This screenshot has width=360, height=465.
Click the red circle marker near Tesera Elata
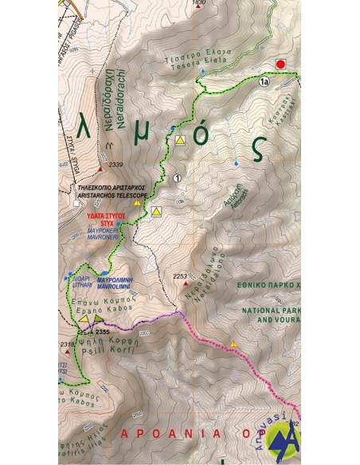pyautogui.click(x=280, y=64)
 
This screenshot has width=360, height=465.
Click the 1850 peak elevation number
pyautogui.click(x=199, y=3)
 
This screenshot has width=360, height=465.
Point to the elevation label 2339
pyautogui.click(x=116, y=165)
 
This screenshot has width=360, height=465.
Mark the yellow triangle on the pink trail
pyautogui.click(x=233, y=344)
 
